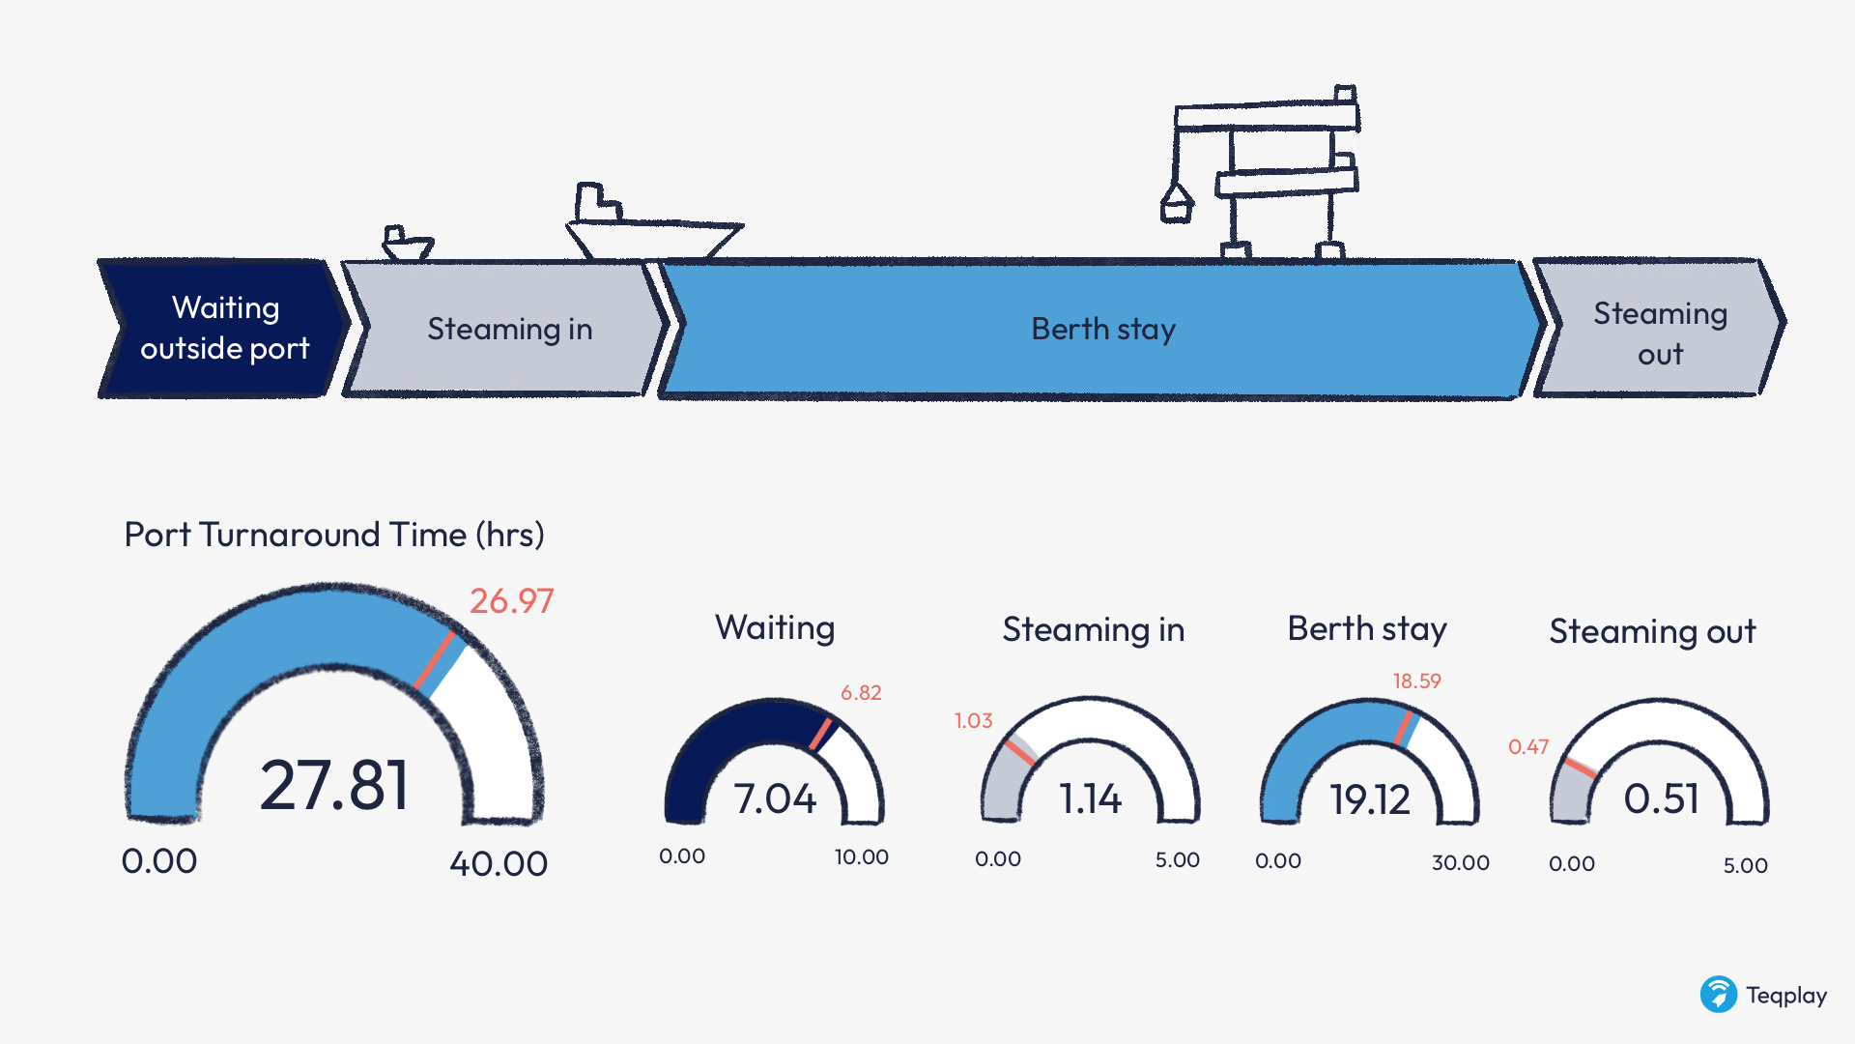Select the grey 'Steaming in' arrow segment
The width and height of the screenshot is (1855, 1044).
coord(508,329)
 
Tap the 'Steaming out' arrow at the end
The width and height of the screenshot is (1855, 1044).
coord(1660,329)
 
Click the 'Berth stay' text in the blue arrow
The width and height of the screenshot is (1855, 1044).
coord(1103,330)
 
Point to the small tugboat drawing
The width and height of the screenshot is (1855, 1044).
coord(407,244)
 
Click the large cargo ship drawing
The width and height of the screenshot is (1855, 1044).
coord(652,223)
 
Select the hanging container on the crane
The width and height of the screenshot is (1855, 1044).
coord(1177,204)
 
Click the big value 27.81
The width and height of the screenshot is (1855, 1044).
coord(334,785)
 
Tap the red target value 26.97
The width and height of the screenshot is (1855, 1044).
coord(512,601)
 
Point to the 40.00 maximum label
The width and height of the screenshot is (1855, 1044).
coord(499,863)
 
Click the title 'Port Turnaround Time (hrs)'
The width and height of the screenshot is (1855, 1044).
coord(334,535)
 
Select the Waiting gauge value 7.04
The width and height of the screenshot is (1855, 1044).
coord(775,799)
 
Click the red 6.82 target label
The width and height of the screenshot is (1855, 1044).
coord(861,693)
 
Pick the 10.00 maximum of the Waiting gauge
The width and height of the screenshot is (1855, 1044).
coord(862,857)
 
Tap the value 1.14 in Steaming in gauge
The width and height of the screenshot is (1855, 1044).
coord(1091,799)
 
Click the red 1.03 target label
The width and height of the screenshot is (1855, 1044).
coord(973,721)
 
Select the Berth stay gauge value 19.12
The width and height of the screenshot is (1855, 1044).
coord(1370,800)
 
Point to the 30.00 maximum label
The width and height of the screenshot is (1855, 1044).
coord(1461,862)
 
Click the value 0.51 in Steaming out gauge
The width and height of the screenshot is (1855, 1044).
coord(1661,799)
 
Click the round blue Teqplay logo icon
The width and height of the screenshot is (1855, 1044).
coord(1719,994)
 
